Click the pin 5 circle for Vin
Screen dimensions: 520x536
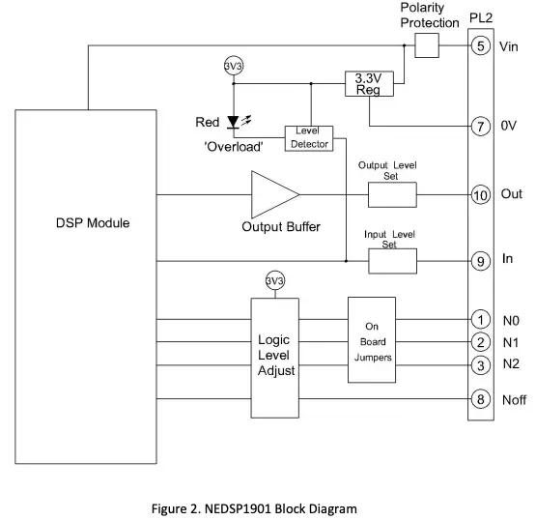(480, 45)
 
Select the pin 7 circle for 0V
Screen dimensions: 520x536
(480, 127)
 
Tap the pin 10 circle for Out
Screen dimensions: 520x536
(480, 194)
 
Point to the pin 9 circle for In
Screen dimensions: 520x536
(480, 260)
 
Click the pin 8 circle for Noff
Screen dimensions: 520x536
(480, 398)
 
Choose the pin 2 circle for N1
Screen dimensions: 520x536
(480, 342)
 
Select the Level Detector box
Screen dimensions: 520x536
(308, 137)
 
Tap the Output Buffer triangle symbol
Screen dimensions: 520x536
(270, 194)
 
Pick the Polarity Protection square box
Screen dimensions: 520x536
(425, 45)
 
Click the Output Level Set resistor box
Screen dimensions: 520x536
(392, 194)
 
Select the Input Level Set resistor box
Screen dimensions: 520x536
(392, 261)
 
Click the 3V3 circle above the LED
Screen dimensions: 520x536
(234, 67)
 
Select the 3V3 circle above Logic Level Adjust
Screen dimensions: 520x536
(275, 280)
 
